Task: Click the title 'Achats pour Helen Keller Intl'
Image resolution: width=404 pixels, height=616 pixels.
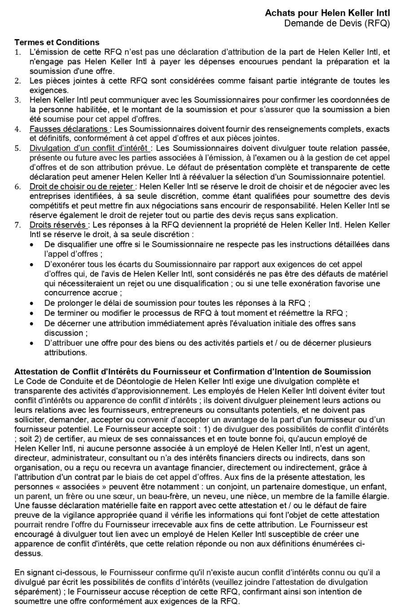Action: [327, 14]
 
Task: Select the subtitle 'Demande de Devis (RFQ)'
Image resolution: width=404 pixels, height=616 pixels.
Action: [337, 23]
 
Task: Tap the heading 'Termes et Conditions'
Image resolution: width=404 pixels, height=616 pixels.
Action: [57, 42]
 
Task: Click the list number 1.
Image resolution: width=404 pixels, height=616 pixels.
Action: [18, 52]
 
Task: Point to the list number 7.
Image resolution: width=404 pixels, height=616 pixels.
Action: [18, 224]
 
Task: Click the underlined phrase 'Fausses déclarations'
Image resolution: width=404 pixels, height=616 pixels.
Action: [68, 129]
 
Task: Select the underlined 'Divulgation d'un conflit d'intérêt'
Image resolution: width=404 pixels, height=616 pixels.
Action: [89, 148]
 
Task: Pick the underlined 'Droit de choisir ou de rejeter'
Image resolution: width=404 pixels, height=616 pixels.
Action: [82, 186]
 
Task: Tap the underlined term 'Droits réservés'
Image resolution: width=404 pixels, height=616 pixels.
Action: [58, 224]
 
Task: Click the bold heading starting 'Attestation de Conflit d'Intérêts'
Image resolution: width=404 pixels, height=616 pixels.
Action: [193, 371]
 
